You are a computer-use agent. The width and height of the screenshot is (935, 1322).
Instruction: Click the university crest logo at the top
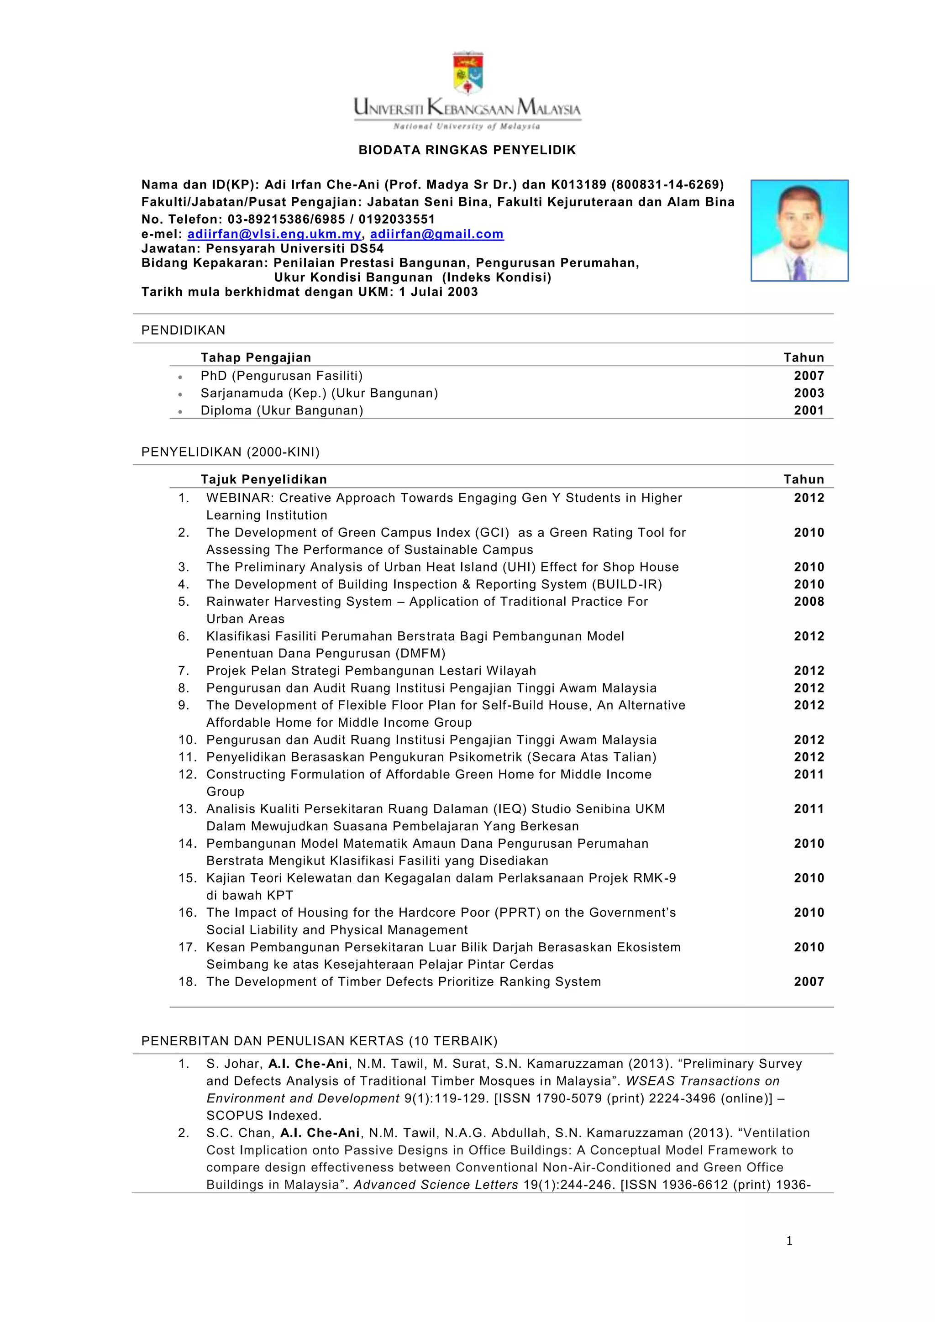[x=467, y=73]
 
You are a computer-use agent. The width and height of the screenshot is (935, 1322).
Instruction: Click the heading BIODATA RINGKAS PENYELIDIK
[x=467, y=150]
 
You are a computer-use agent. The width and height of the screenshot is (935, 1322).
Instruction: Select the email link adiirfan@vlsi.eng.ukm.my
[x=274, y=234]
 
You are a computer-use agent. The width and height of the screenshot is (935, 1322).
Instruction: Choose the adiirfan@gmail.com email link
[x=436, y=234]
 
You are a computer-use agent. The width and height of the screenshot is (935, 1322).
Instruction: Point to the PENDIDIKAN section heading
[x=183, y=330]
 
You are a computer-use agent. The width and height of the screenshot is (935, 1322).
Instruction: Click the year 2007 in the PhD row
[x=809, y=376]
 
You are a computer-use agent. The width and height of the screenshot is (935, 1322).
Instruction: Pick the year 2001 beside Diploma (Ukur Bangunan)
[x=809, y=410]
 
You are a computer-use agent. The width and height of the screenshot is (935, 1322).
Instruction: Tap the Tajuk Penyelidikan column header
[x=264, y=480]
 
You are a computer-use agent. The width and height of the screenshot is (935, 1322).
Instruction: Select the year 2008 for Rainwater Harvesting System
[x=809, y=602]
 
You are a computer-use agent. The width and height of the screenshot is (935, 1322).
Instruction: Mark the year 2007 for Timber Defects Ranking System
[x=809, y=982]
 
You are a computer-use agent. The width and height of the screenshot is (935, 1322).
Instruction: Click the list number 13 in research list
[x=187, y=809]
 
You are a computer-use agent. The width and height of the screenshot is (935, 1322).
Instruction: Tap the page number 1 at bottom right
[x=789, y=1241]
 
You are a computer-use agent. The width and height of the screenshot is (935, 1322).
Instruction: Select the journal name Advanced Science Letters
[x=436, y=1185]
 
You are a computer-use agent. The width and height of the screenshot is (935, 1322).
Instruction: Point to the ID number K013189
[x=578, y=185]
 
